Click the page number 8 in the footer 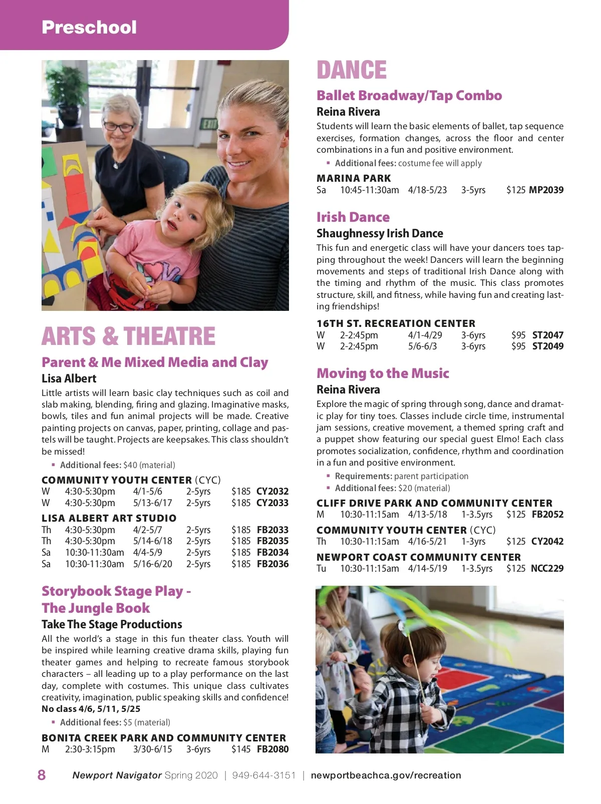point(42,775)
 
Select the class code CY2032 point(272,491)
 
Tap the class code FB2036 point(272,564)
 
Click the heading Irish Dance point(353,217)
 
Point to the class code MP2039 point(546,190)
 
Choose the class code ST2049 point(547,346)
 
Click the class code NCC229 point(547,568)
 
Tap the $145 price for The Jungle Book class point(241,749)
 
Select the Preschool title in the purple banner point(89,27)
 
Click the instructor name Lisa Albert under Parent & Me point(69,378)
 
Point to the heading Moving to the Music point(383,373)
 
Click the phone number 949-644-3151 point(264,775)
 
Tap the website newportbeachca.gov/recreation point(386,775)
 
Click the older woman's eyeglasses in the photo point(119,127)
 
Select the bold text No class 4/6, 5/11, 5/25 point(91,709)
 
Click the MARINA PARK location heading point(354,178)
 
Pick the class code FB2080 point(272,749)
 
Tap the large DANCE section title point(352,70)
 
